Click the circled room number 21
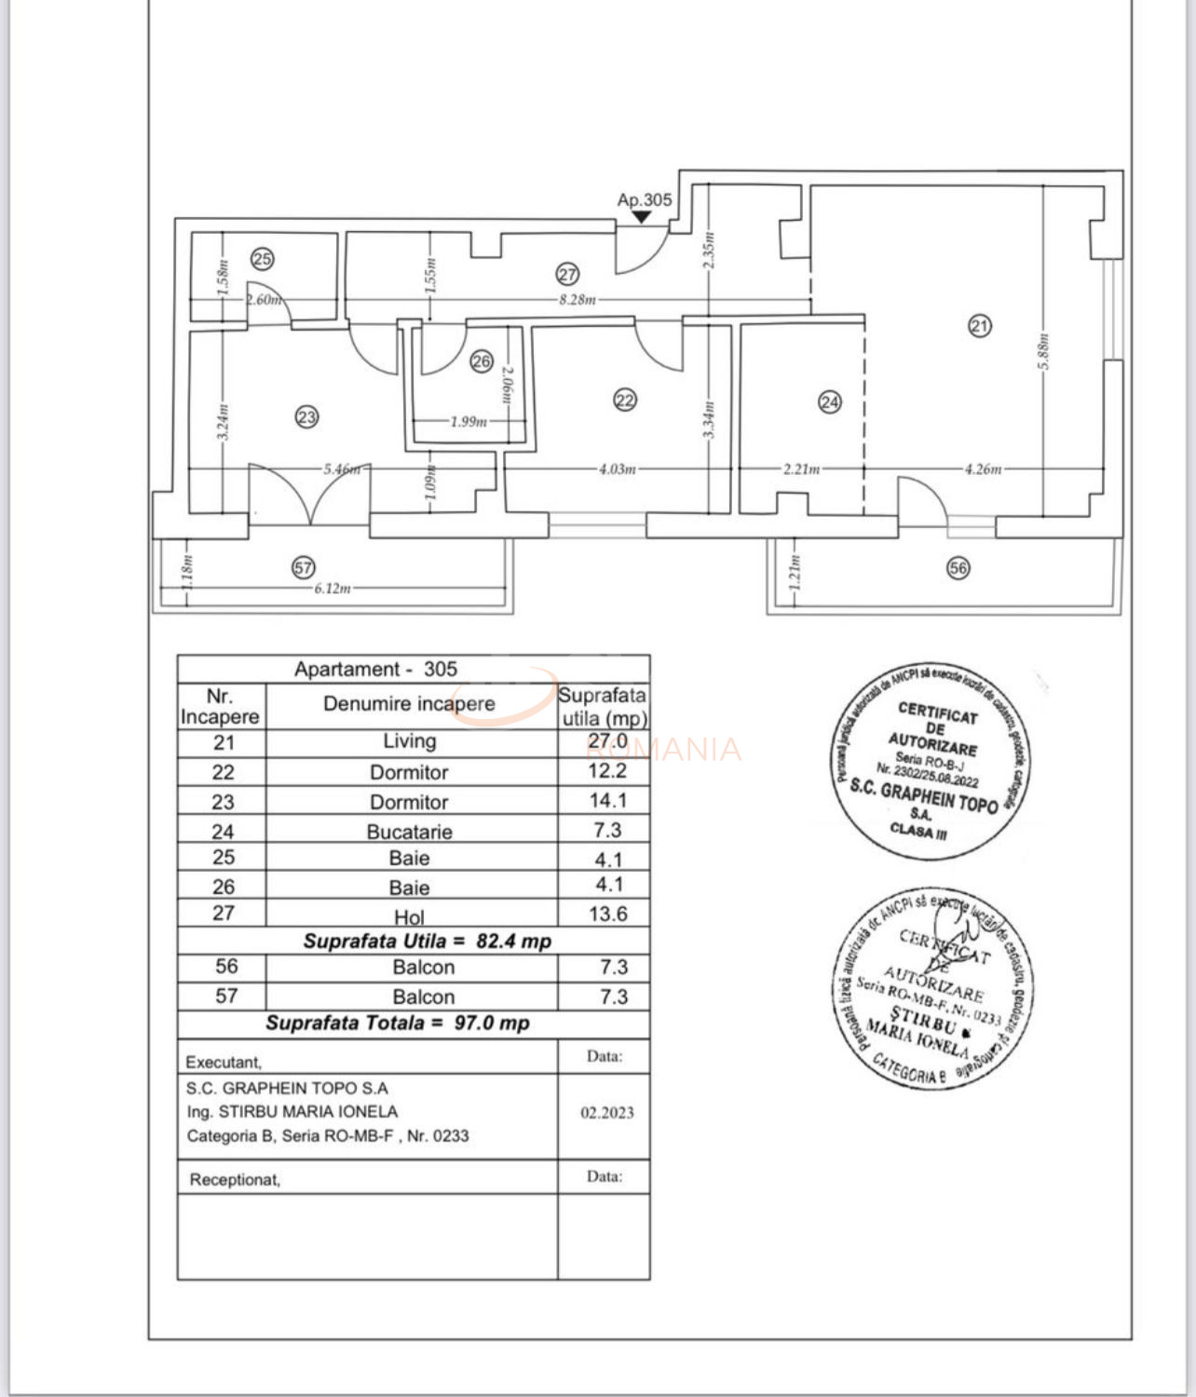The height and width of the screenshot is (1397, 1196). pyautogui.click(x=979, y=326)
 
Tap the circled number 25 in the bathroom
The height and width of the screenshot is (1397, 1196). pyautogui.click(x=263, y=259)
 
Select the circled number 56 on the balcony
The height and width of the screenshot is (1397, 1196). pyautogui.click(x=958, y=567)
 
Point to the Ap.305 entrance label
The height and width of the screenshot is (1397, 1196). pyautogui.click(x=644, y=199)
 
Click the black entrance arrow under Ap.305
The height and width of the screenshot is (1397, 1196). pyautogui.click(x=642, y=217)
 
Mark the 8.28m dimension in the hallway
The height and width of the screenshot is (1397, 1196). pyautogui.click(x=577, y=300)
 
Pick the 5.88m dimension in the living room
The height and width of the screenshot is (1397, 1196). pyautogui.click(x=1044, y=351)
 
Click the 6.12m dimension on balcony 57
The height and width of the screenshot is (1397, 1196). pyautogui.click(x=333, y=588)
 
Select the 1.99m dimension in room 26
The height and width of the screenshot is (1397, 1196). pyautogui.click(x=469, y=421)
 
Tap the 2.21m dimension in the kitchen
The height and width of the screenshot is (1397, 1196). pyautogui.click(x=801, y=469)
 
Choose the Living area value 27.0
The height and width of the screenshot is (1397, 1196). pyautogui.click(x=607, y=741)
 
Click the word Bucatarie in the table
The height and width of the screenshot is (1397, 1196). pyautogui.click(x=409, y=832)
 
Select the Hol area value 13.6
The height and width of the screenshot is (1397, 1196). pyautogui.click(x=607, y=915)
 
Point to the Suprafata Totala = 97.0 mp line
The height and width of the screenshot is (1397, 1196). pyautogui.click(x=398, y=1023)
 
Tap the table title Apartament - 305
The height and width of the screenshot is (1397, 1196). pyautogui.click(x=375, y=669)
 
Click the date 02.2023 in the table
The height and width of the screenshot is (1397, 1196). pyautogui.click(x=607, y=1112)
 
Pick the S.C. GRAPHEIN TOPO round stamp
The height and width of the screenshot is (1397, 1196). pyautogui.click(x=929, y=762)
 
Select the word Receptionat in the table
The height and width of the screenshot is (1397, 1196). pyautogui.click(x=235, y=1179)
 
